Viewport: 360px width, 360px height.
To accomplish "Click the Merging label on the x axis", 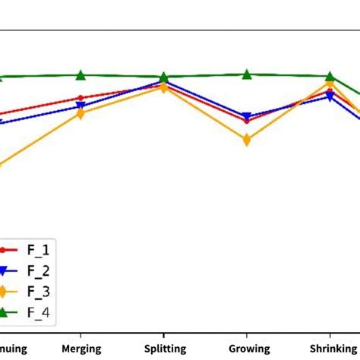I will pos(81,348).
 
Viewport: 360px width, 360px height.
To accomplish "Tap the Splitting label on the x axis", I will pos(163,348).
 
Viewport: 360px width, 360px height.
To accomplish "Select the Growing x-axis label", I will pos(246,348).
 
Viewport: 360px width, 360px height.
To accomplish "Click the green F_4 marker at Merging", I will pos(81,74).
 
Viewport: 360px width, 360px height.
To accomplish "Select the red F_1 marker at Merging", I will pos(81,98).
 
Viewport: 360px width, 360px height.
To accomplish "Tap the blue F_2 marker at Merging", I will pos(81,106).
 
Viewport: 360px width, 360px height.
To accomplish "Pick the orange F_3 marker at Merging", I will pos(81,114).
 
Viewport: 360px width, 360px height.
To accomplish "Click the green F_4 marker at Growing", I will pos(246,74).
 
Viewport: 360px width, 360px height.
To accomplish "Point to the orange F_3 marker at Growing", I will pos(246,140).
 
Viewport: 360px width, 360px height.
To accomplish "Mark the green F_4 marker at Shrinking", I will pos(329,76).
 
